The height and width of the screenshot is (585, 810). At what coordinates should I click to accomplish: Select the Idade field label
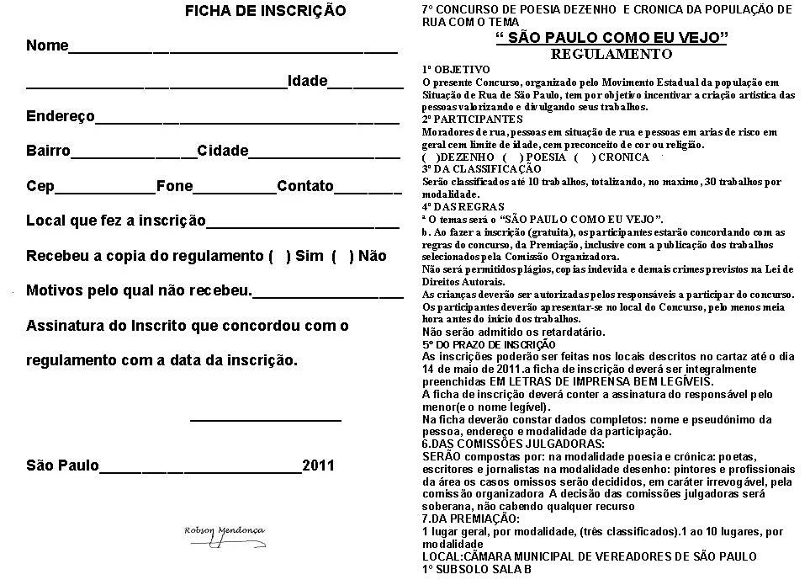(x=307, y=81)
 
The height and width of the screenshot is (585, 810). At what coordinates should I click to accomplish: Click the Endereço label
(x=61, y=116)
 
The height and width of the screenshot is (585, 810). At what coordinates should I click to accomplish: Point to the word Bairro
(x=48, y=152)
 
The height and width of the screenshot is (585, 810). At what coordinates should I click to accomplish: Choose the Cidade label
(x=223, y=152)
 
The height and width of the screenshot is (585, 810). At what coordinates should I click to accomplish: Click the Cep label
(x=40, y=186)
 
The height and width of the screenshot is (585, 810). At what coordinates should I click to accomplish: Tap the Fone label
(x=174, y=186)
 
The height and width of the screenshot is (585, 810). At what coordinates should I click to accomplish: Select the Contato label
(x=305, y=186)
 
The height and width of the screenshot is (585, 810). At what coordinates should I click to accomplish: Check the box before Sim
(x=278, y=256)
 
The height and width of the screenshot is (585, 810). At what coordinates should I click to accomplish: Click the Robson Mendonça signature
(x=225, y=531)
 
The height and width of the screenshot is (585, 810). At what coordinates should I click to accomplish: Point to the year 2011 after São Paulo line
(x=319, y=465)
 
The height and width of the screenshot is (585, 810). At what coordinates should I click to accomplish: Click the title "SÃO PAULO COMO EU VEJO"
(x=611, y=38)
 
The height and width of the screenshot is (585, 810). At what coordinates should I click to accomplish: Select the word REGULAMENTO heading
(x=611, y=54)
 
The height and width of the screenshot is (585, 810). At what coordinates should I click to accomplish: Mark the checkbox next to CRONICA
(x=584, y=157)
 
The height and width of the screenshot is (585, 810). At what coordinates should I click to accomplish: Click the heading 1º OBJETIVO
(x=455, y=69)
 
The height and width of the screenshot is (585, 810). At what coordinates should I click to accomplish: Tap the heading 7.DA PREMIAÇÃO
(x=470, y=519)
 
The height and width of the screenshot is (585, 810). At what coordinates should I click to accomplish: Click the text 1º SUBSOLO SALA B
(x=477, y=569)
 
